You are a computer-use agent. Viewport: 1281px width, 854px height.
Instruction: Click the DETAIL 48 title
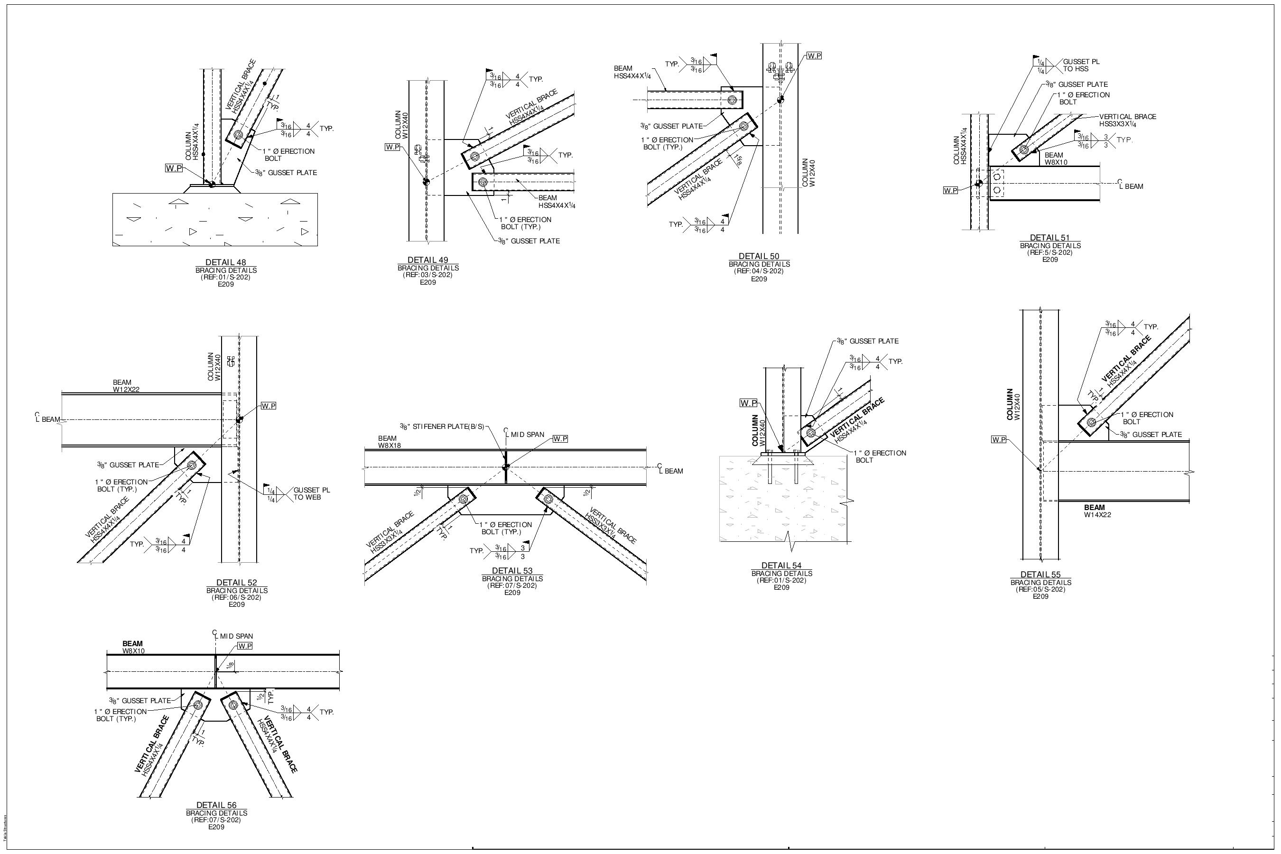coord(226,262)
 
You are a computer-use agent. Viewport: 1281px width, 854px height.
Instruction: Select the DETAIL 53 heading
coord(512,571)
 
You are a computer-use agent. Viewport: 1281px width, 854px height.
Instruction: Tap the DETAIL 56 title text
coord(216,805)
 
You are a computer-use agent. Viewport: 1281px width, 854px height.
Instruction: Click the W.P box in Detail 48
coord(174,168)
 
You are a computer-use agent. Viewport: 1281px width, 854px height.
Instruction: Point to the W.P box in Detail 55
coord(998,439)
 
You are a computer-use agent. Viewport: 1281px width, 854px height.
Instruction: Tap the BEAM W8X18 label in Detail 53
coord(390,442)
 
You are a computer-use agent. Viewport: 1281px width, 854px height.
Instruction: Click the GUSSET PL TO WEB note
coord(312,493)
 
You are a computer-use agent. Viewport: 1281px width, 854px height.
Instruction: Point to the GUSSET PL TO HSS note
coord(1081,65)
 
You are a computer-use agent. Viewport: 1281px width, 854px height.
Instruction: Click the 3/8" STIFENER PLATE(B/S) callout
coord(441,427)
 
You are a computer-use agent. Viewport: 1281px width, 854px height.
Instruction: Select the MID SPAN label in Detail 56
coord(236,636)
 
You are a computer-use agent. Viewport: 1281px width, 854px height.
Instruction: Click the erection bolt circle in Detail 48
coord(238,135)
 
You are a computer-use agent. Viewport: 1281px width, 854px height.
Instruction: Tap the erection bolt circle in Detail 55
coord(1091,422)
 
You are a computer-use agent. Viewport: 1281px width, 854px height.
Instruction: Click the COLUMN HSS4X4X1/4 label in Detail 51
coord(961,146)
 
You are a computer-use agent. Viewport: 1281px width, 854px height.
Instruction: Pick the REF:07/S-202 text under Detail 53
coord(512,585)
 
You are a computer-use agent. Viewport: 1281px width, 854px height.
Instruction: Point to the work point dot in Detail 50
coord(780,100)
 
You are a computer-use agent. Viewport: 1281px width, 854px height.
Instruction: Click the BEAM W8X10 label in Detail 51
coord(1056,158)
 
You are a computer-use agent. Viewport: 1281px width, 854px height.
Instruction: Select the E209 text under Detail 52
coord(236,604)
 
